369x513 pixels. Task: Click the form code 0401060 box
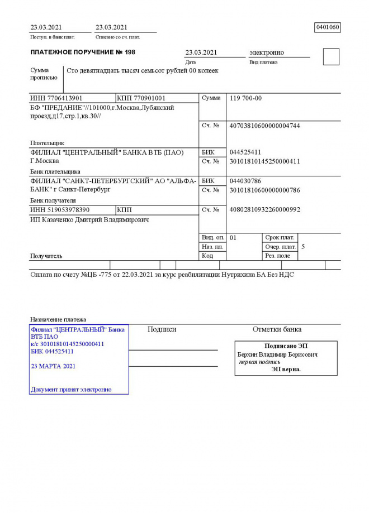click(328, 27)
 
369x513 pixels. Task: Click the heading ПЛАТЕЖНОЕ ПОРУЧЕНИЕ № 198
click(83, 52)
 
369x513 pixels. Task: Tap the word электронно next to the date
click(266, 52)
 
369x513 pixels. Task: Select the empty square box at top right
click(331, 57)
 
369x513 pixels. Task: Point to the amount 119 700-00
click(245, 98)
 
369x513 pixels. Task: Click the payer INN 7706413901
click(56, 98)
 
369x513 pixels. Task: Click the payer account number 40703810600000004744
click(264, 126)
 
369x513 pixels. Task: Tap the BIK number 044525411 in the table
click(245, 152)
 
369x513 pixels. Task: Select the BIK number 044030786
click(245, 181)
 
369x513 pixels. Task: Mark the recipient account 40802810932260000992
click(264, 210)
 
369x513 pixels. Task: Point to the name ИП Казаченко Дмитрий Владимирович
click(89, 220)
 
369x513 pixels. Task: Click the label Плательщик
click(48, 143)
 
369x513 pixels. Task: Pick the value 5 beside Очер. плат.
click(303, 246)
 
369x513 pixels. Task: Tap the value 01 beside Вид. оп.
click(233, 238)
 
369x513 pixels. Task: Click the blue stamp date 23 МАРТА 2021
click(53, 367)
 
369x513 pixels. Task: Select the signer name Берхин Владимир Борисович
click(277, 354)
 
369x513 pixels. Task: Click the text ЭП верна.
click(286, 369)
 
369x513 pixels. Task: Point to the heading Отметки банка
click(277, 329)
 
